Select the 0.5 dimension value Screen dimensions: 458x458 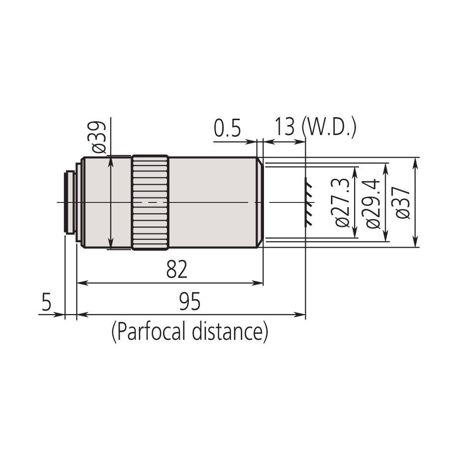pyautogui.click(x=227, y=130)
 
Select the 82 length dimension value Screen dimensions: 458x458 pyautogui.click(x=177, y=270)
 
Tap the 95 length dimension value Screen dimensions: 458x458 pyautogui.click(x=190, y=302)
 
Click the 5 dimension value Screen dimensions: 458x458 pyautogui.click(x=46, y=302)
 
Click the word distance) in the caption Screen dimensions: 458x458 pyautogui.click(x=229, y=332)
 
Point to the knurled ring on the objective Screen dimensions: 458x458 pyautogui.click(x=150, y=203)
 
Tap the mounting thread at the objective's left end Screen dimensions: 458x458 pyautogui.click(x=70, y=202)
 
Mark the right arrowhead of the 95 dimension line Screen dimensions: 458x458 pyautogui.click(x=301, y=314)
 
